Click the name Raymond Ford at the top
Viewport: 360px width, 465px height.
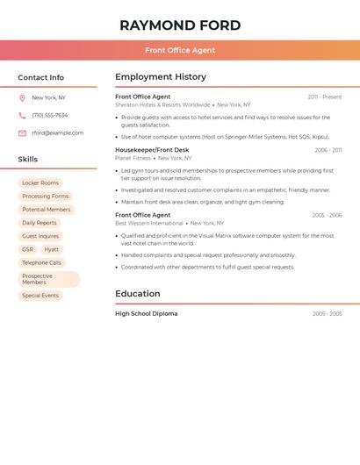click(x=180, y=25)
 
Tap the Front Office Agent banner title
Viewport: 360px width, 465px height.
click(x=180, y=50)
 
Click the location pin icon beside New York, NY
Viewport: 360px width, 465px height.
click(x=22, y=98)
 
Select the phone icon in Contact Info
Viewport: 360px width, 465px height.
click(x=22, y=116)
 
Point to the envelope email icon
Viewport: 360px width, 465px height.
click(x=22, y=133)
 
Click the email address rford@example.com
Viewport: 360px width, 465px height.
click(x=58, y=133)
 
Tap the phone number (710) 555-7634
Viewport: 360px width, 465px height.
click(x=50, y=116)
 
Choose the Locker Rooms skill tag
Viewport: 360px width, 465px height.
click(x=40, y=183)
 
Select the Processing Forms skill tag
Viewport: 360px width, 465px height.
click(x=45, y=197)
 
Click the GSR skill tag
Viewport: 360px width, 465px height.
click(x=28, y=250)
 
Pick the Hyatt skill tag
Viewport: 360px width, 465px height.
click(x=52, y=250)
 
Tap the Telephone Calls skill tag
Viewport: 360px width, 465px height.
click(x=42, y=263)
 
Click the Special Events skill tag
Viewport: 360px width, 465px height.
click(x=40, y=296)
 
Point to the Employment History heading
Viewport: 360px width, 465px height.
click(x=161, y=77)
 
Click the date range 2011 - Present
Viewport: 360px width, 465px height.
click(x=325, y=97)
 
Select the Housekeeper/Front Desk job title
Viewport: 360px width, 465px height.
click(x=152, y=150)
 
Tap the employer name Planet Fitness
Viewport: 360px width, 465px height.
click(x=133, y=158)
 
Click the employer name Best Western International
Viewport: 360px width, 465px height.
click(x=149, y=223)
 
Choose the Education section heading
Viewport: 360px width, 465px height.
click(x=138, y=294)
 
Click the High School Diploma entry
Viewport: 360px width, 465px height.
click(x=146, y=314)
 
